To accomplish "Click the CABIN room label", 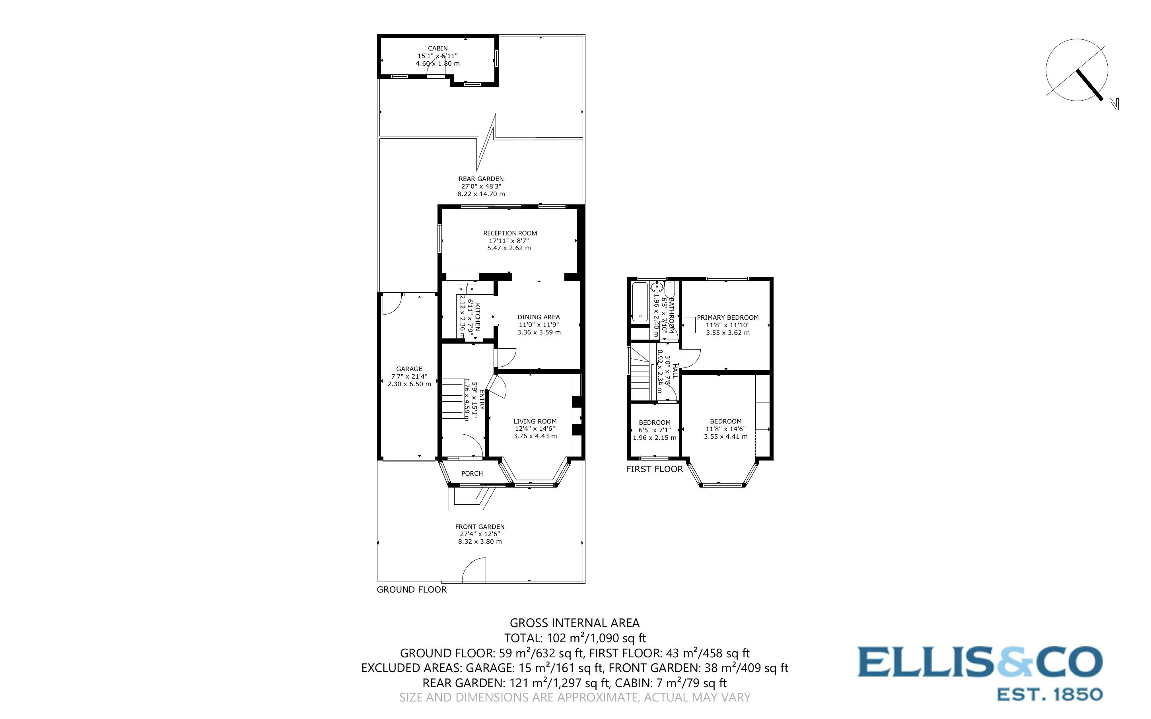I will [437, 49].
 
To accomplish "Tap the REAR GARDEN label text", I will [481, 179].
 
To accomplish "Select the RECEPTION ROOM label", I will [509, 233].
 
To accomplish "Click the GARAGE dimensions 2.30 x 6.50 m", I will [409, 384].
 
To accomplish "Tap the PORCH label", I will [472, 473].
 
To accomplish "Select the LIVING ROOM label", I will [535, 421].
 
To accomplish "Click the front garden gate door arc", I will [474, 571].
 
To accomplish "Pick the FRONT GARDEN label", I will [479, 527].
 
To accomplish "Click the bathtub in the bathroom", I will [640, 301].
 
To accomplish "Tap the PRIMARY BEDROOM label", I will [727, 318].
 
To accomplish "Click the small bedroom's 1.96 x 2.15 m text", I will [654, 437].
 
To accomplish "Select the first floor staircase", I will [640, 381].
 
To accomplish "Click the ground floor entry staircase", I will [453, 398].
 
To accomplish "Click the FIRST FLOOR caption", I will [654, 469].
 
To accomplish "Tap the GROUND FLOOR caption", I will [411, 590].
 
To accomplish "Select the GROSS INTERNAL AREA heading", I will [574, 623].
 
